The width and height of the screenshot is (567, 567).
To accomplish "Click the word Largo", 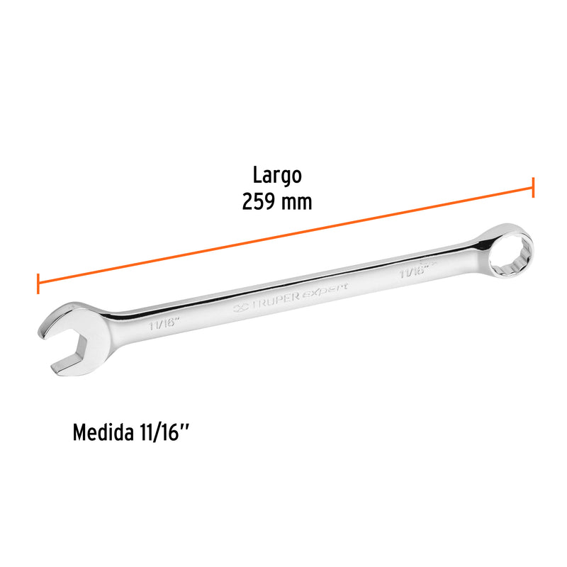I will click(278, 174).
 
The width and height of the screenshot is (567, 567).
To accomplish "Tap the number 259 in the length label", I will click(259, 201).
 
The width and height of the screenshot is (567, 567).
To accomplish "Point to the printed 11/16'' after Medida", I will click(164, 433).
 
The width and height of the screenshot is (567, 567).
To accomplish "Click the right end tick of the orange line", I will click(533, 189).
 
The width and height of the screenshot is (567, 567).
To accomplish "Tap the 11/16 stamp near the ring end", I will click(413, 271).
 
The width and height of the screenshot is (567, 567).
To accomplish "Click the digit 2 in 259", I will click(248, 201).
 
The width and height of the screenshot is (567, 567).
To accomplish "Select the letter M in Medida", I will click(79, 433).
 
